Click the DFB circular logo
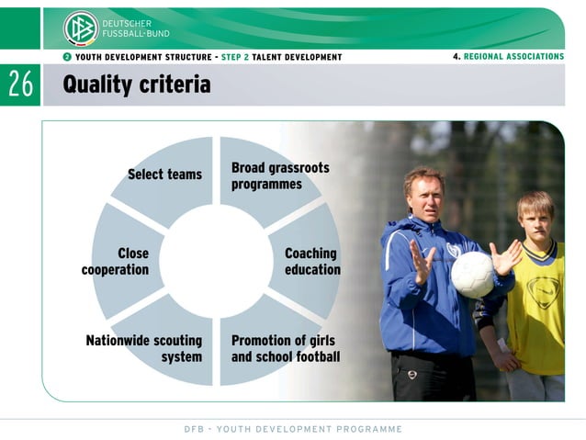(80, 28)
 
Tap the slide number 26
(20, 85)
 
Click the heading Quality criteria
(136, 85)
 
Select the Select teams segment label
(164, 175)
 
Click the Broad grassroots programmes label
(279, 176)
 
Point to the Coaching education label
(311, 262)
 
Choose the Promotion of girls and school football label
(285, 348)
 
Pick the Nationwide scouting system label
(144, 348)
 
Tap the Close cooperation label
(116, 262)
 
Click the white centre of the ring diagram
(216, 261)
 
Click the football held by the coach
(472, 275)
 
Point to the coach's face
(425, 193)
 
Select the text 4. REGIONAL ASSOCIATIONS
(508, 57)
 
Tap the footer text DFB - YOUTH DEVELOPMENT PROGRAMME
(292, 429)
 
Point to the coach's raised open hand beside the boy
(504, 257)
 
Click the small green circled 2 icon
(67, 57)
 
